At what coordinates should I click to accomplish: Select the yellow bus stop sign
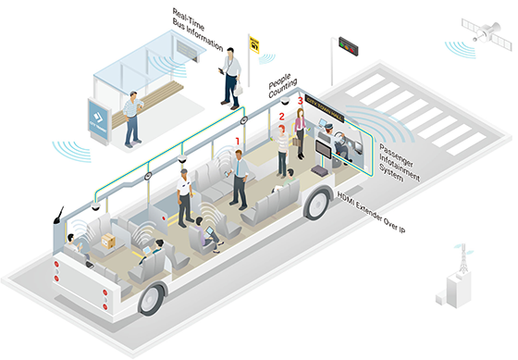pyautogui.click(x=253, y=42)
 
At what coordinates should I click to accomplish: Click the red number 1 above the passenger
pyautogui.click(x=238, y=141)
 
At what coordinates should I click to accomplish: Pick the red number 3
pyautogui.click(x=299, y=100)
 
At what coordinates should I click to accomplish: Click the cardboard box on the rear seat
pyautogui.click(x=108, y=240)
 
